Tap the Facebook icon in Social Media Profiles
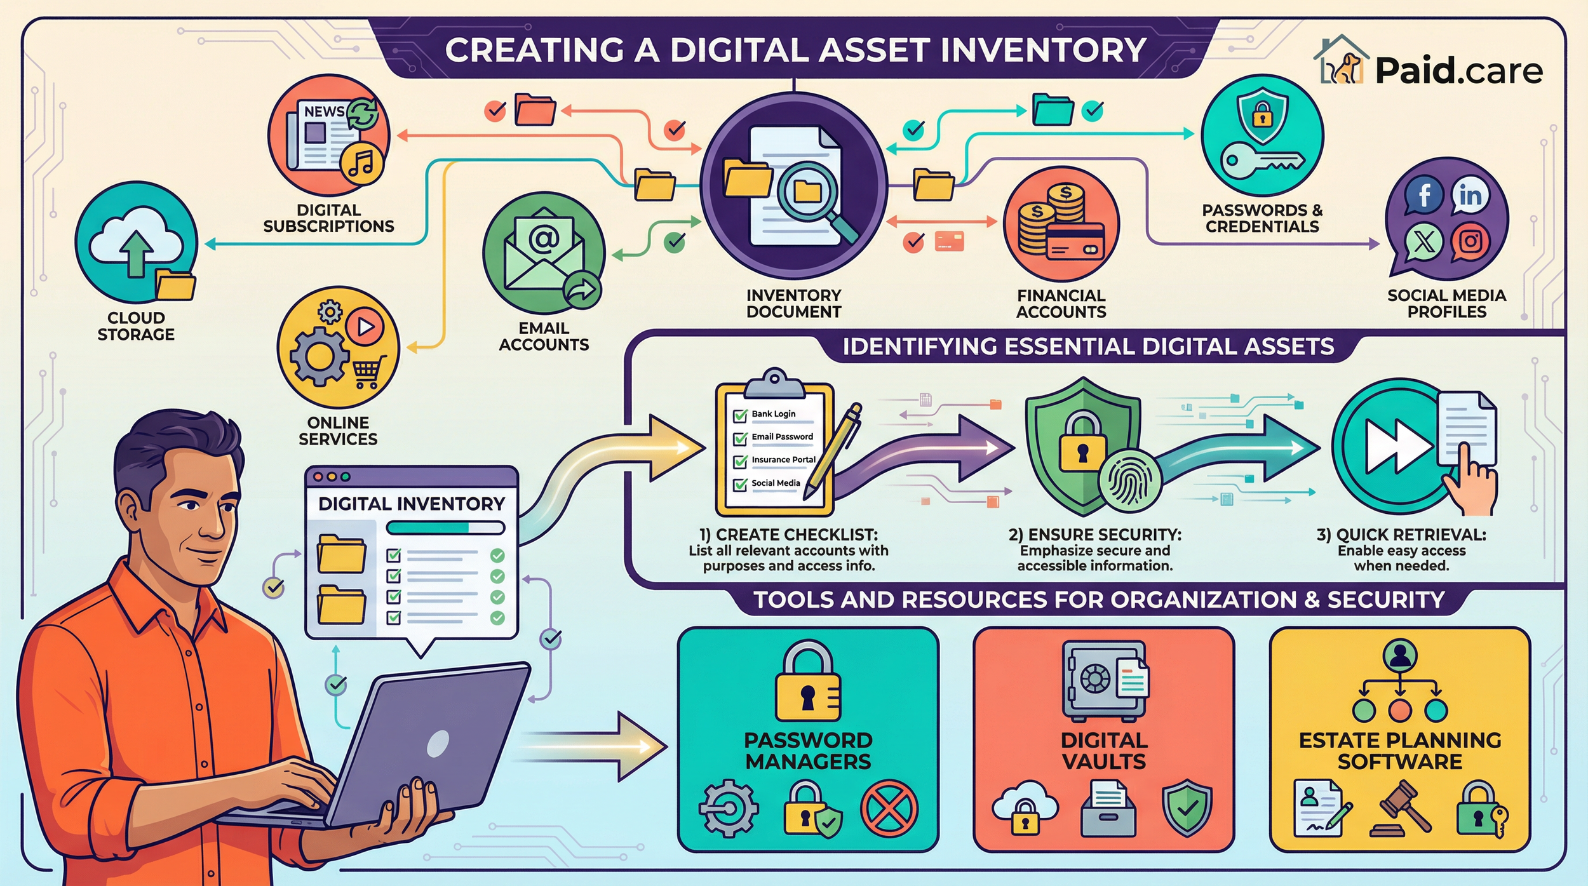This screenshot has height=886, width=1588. click(x=1423, y=195)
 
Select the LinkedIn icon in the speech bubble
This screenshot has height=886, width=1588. click(x=1470, y=195)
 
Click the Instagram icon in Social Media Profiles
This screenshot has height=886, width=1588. click(x=1470, y=242)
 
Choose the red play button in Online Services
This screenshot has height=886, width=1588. click(x=365, y=326)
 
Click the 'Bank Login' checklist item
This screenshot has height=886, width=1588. click(x=773, y=414)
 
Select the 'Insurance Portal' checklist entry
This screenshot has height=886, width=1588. click(x=783, y=460)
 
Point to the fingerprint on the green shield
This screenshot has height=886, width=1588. click(x=1129, y=482)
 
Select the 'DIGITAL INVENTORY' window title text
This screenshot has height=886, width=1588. click(x=411, y=504)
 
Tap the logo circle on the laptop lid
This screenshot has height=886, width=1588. click(x=438, y=744)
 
